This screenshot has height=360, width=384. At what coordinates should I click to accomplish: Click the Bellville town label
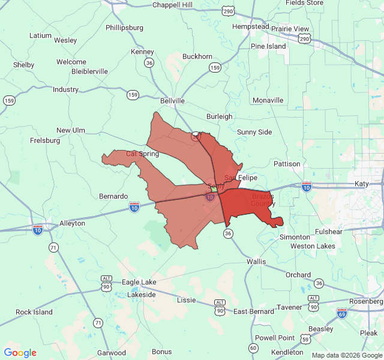click(x=172, y=101)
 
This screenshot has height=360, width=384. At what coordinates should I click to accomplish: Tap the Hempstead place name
click(x=251, y=27)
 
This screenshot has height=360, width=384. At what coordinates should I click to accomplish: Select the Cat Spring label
click(x=142, y=154)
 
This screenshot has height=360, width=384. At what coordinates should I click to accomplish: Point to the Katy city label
click(x=362, y=184)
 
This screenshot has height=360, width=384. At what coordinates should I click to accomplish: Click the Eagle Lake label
click(x=139, y=282)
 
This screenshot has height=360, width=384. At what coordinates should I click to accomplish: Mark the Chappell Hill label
click(x=172, y=5)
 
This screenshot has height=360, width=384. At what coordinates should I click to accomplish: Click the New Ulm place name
click(x=71, y=130)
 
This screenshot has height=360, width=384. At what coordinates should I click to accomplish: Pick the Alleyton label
click(x=72, y=223)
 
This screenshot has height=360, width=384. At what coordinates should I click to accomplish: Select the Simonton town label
click(x=295, y=237)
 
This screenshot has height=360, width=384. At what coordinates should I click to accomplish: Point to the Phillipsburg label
click(x=124, y=28)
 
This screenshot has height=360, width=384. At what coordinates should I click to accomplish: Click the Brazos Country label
click(x=263, y=200)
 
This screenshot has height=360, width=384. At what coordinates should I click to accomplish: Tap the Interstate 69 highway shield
click(x=341, y=313)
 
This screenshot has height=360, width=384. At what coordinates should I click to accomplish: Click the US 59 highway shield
click(x=305, y=339)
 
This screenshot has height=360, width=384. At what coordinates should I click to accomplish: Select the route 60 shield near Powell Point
click(x=253, y=348)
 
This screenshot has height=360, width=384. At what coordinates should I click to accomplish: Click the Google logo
click(x=20, y=353)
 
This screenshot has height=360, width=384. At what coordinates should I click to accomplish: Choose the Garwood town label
click(x=112, y=353)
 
